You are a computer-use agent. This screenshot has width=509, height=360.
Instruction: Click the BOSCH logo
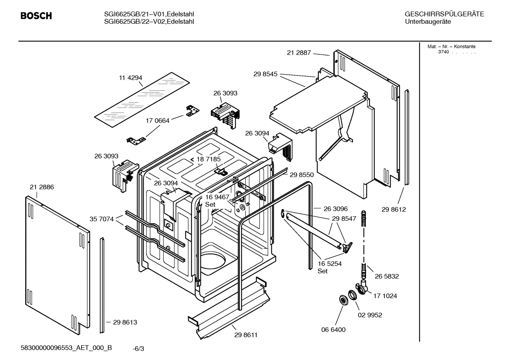coord(36,16)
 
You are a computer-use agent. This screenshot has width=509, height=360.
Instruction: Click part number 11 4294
coord(130,78)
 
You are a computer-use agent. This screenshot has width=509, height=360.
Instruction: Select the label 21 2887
coord(299,53)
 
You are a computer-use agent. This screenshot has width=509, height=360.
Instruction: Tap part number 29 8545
coord(265,74)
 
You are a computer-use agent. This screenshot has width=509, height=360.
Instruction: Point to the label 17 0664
coord(157,120)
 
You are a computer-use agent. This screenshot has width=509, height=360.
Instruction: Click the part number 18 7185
coord(208,159)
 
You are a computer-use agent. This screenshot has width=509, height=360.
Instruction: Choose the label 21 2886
coord(42,187)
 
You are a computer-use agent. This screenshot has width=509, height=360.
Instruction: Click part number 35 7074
coord(102,219)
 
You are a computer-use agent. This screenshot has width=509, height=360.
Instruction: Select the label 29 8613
coord(125,322)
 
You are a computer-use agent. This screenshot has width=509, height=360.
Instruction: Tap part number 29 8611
coord(246,335)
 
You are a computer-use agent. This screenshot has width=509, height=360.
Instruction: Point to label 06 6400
coord(333,330)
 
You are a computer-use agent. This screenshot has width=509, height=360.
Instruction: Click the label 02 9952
coord(370,315)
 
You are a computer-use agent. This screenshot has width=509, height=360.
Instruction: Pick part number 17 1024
coord(385,296)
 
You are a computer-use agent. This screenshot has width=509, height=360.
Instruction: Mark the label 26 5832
coord(387,276)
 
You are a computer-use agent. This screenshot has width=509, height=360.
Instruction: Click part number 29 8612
coord(394,209)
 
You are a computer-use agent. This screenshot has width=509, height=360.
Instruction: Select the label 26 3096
coord(336,209)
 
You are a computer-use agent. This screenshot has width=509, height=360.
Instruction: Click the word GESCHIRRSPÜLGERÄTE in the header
coord(444,14)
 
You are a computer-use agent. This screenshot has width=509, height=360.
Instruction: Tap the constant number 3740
coord(443,52)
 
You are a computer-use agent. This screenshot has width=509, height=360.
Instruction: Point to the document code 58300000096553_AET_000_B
coord(66,348)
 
